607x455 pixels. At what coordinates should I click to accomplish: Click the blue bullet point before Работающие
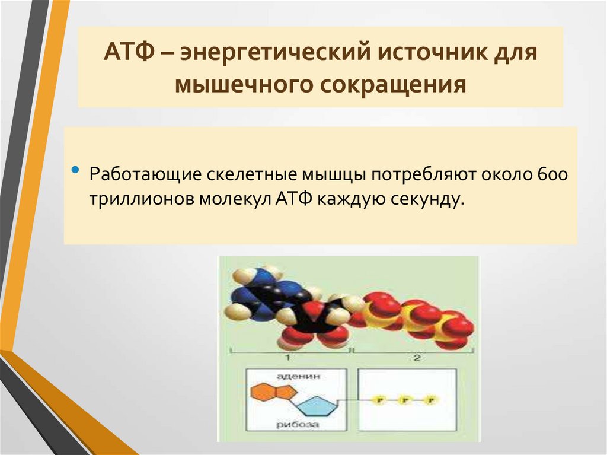coord(75,170)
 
